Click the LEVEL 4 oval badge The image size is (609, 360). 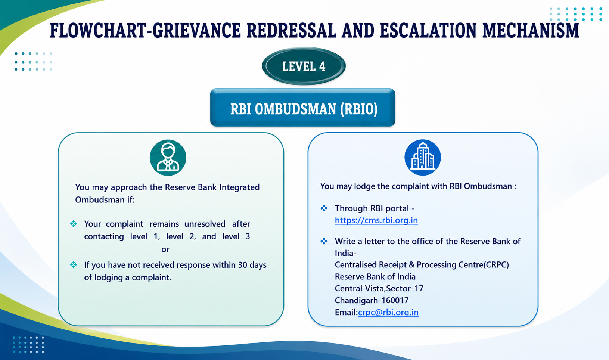(x=304, y=66)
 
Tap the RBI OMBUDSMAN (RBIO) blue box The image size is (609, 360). (x=302, y=108)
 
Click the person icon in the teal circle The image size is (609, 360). (x=168, y=158)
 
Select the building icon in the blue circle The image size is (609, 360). (x=423, y=158)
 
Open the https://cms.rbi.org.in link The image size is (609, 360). (x=376, y=220)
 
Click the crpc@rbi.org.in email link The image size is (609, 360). (x=388, y=313)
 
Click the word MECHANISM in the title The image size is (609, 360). (x=531, y=31)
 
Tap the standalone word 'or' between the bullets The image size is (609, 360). (x=165, y=249)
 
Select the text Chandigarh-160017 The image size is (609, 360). (x=372, y=301)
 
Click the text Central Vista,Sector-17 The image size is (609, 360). (x=379, y=289)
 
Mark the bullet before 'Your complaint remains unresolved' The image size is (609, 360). (x=74, y=224)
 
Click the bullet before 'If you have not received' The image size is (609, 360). (x=74, y=264)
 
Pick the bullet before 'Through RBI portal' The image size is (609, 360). (x=324, y=208)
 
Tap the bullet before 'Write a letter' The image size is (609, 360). (x=324, y=241)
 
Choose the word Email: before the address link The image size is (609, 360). (x=347, y=313)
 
